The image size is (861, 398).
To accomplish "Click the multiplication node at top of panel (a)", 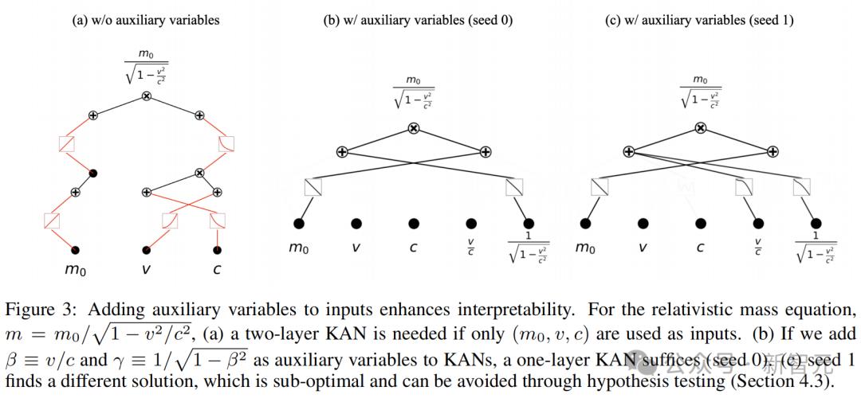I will [x=146, y=96].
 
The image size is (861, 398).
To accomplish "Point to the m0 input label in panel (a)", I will [x=75, y=269].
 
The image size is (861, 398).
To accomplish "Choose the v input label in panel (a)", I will [x=146, y=269].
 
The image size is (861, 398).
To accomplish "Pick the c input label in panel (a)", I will [x=217, y=269].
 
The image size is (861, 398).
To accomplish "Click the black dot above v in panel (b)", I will [x=356, y=224].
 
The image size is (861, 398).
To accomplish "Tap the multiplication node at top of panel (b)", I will [x=413, y=128].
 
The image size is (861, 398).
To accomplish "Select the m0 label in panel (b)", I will [x=298, y=248].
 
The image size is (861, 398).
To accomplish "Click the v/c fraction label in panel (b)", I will [x=471, y=248].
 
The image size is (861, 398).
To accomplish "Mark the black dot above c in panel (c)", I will [x=700, y=224].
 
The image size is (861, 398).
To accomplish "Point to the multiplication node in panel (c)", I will [x=700, y=128].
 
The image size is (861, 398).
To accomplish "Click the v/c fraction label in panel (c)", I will [x=758, y=248].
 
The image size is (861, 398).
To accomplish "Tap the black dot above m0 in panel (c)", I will [x=586, y=224].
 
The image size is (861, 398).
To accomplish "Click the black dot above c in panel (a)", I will [x=217, y=250].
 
